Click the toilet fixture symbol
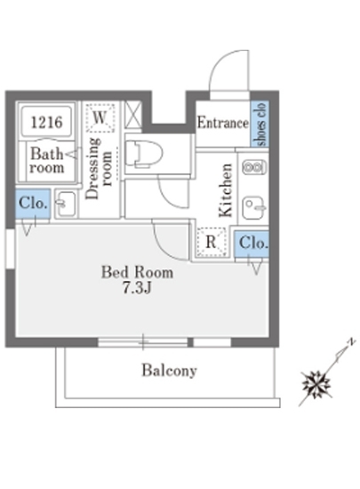[144, 154]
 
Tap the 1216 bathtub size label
[47, 122]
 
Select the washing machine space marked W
[100, 117]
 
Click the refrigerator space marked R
[211, 242]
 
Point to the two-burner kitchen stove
[253, 167]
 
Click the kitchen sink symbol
[253, 208]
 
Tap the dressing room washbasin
[66, 204]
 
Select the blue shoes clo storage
[260, 124]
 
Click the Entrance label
[223, 123]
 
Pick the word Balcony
[169, 371]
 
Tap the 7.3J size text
[137, 287]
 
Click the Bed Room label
[137, 272]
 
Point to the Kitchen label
[226, 190]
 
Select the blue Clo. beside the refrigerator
[252, 244]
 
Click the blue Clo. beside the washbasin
[33, 204]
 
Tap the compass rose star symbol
[316, 384]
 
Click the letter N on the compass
[352, 341]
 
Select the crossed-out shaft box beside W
[133, 114]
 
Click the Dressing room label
[99, 168]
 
